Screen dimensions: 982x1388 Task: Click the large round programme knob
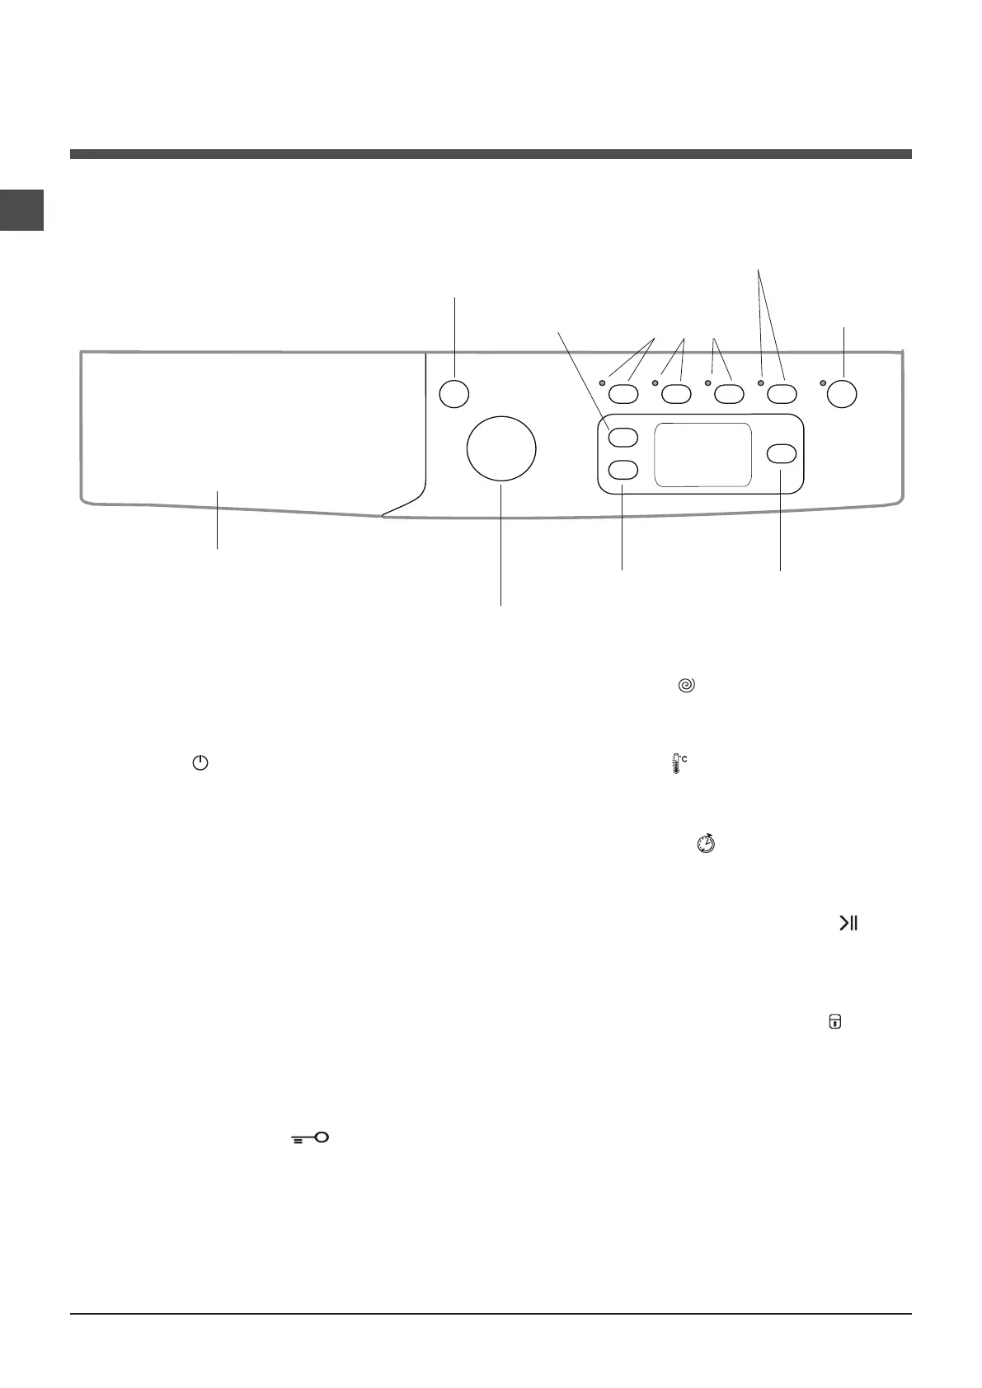(500, 449)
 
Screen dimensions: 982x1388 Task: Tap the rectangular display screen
(702, 455)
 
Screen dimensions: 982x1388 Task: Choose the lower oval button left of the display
(623, 470)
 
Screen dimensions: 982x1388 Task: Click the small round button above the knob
(453, 393)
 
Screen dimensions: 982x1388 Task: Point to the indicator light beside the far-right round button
(823, 383)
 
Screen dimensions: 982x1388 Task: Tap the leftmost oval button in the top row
(623, 393)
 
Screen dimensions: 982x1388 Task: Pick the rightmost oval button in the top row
(782, 393)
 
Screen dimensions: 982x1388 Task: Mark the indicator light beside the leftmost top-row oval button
(603, 383)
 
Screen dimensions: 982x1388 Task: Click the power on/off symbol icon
(200, 763)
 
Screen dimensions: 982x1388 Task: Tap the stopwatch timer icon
(706, 843)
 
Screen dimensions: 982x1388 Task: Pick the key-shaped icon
(310, 1138)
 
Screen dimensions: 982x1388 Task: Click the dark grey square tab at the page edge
(21, 209)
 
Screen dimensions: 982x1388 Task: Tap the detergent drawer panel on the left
(247, 429)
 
